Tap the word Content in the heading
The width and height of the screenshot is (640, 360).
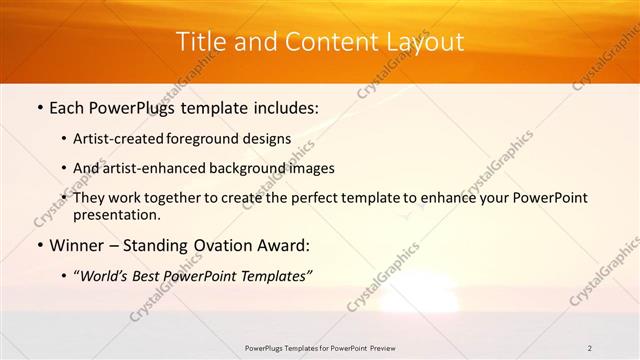[x=324, y=42]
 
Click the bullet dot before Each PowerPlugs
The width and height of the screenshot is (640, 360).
[x=38, y=106]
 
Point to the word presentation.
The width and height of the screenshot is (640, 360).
[x=115, y=215]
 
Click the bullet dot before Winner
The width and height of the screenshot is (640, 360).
[x=38, y=246]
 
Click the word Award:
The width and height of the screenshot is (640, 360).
[x=289, y=246]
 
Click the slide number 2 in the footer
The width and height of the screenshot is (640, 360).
[x=590, y=348]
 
